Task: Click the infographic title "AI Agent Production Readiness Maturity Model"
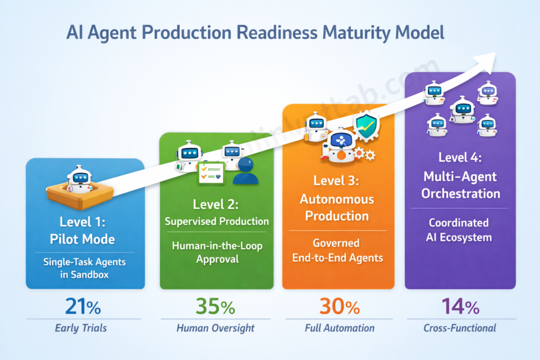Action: pyautogui.click(x=255, y=33)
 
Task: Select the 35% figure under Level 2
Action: pyautogui.click(x=215, y=306)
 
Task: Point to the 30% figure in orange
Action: pyautogui.click(x=339, y=306)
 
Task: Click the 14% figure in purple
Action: pyautogui.click(x=460, y=306)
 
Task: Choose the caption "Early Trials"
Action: pyautogui.click(x=81, y=328)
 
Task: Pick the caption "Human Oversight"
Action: pyautogui.click(x=215, y=328)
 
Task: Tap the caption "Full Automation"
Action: pyautogui.click(x=340, y=328)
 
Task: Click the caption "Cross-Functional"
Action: pyautogui.click(x=460, y=328)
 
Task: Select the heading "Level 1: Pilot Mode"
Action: pyautogui.click(x=82, y=231)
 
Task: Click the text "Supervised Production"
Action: pyautogui.click(x=217, y=221)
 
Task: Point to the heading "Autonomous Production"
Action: pyautogui.click(x=337, y=208)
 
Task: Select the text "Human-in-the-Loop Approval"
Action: pyautogui.click(x=217, y=251)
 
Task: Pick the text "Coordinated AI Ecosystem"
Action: pyautogui.click(x=458, y=230)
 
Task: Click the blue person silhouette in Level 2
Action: pyautogui.click(x=245, y=172)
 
